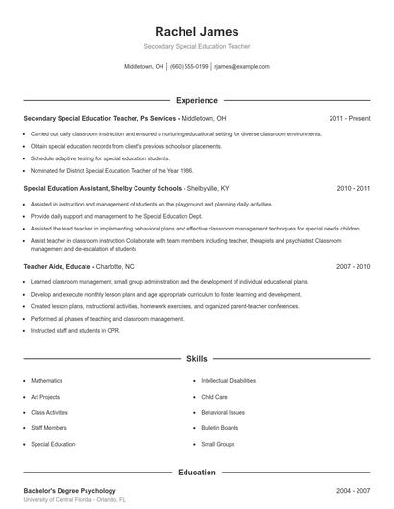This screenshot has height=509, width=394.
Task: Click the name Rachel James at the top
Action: tap(197, 31)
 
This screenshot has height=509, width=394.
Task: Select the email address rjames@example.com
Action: tap(242, 67)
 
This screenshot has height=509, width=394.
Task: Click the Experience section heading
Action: tap(197, 100)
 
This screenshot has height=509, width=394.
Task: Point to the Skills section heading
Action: tap(197, 358)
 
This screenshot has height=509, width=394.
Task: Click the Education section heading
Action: tap(197, 473)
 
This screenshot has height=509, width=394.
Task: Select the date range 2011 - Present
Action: tap(350, 118)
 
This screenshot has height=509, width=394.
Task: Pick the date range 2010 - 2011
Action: tap(354, 189)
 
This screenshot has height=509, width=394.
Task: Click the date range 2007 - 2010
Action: tap(354, 265)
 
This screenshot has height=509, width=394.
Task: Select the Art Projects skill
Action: tap(45, 397)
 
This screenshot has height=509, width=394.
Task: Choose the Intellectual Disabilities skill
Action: tap(230, 381)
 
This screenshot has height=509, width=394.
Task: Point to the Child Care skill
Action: tap(214, 397)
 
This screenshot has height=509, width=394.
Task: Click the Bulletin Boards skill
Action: tap(220, 428)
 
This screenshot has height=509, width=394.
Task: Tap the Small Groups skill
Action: tap(218, 445)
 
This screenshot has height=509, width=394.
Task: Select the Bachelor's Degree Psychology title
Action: tap(69, 491)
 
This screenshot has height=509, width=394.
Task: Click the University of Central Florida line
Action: tap(75, 500)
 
